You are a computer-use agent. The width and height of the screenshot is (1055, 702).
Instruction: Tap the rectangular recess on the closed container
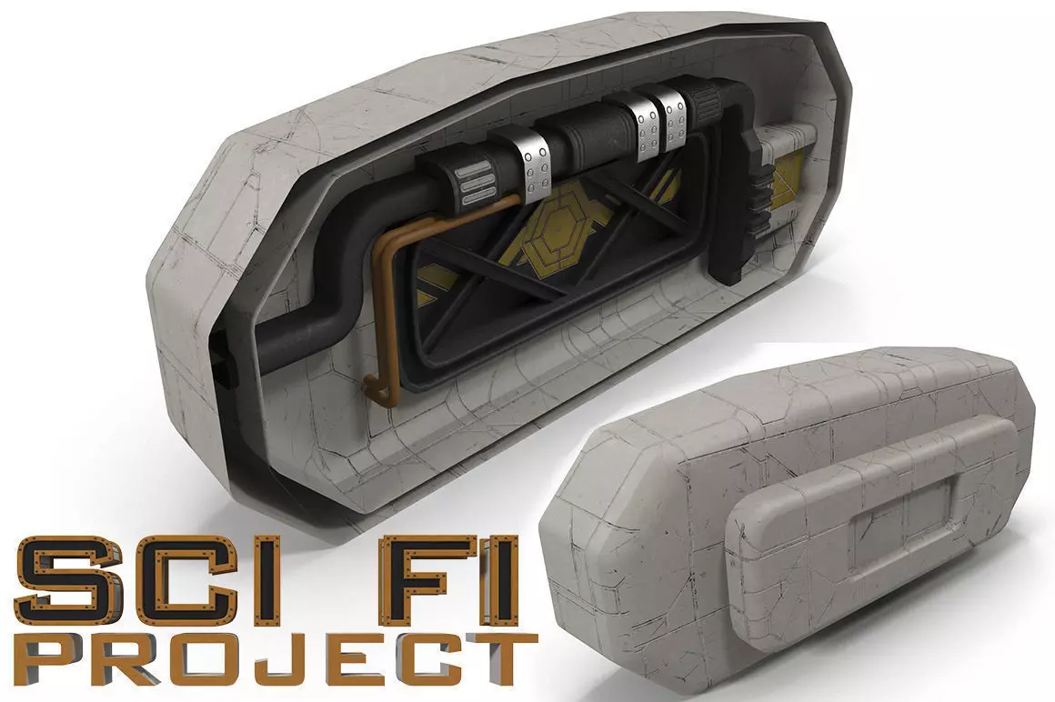[900, 527]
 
